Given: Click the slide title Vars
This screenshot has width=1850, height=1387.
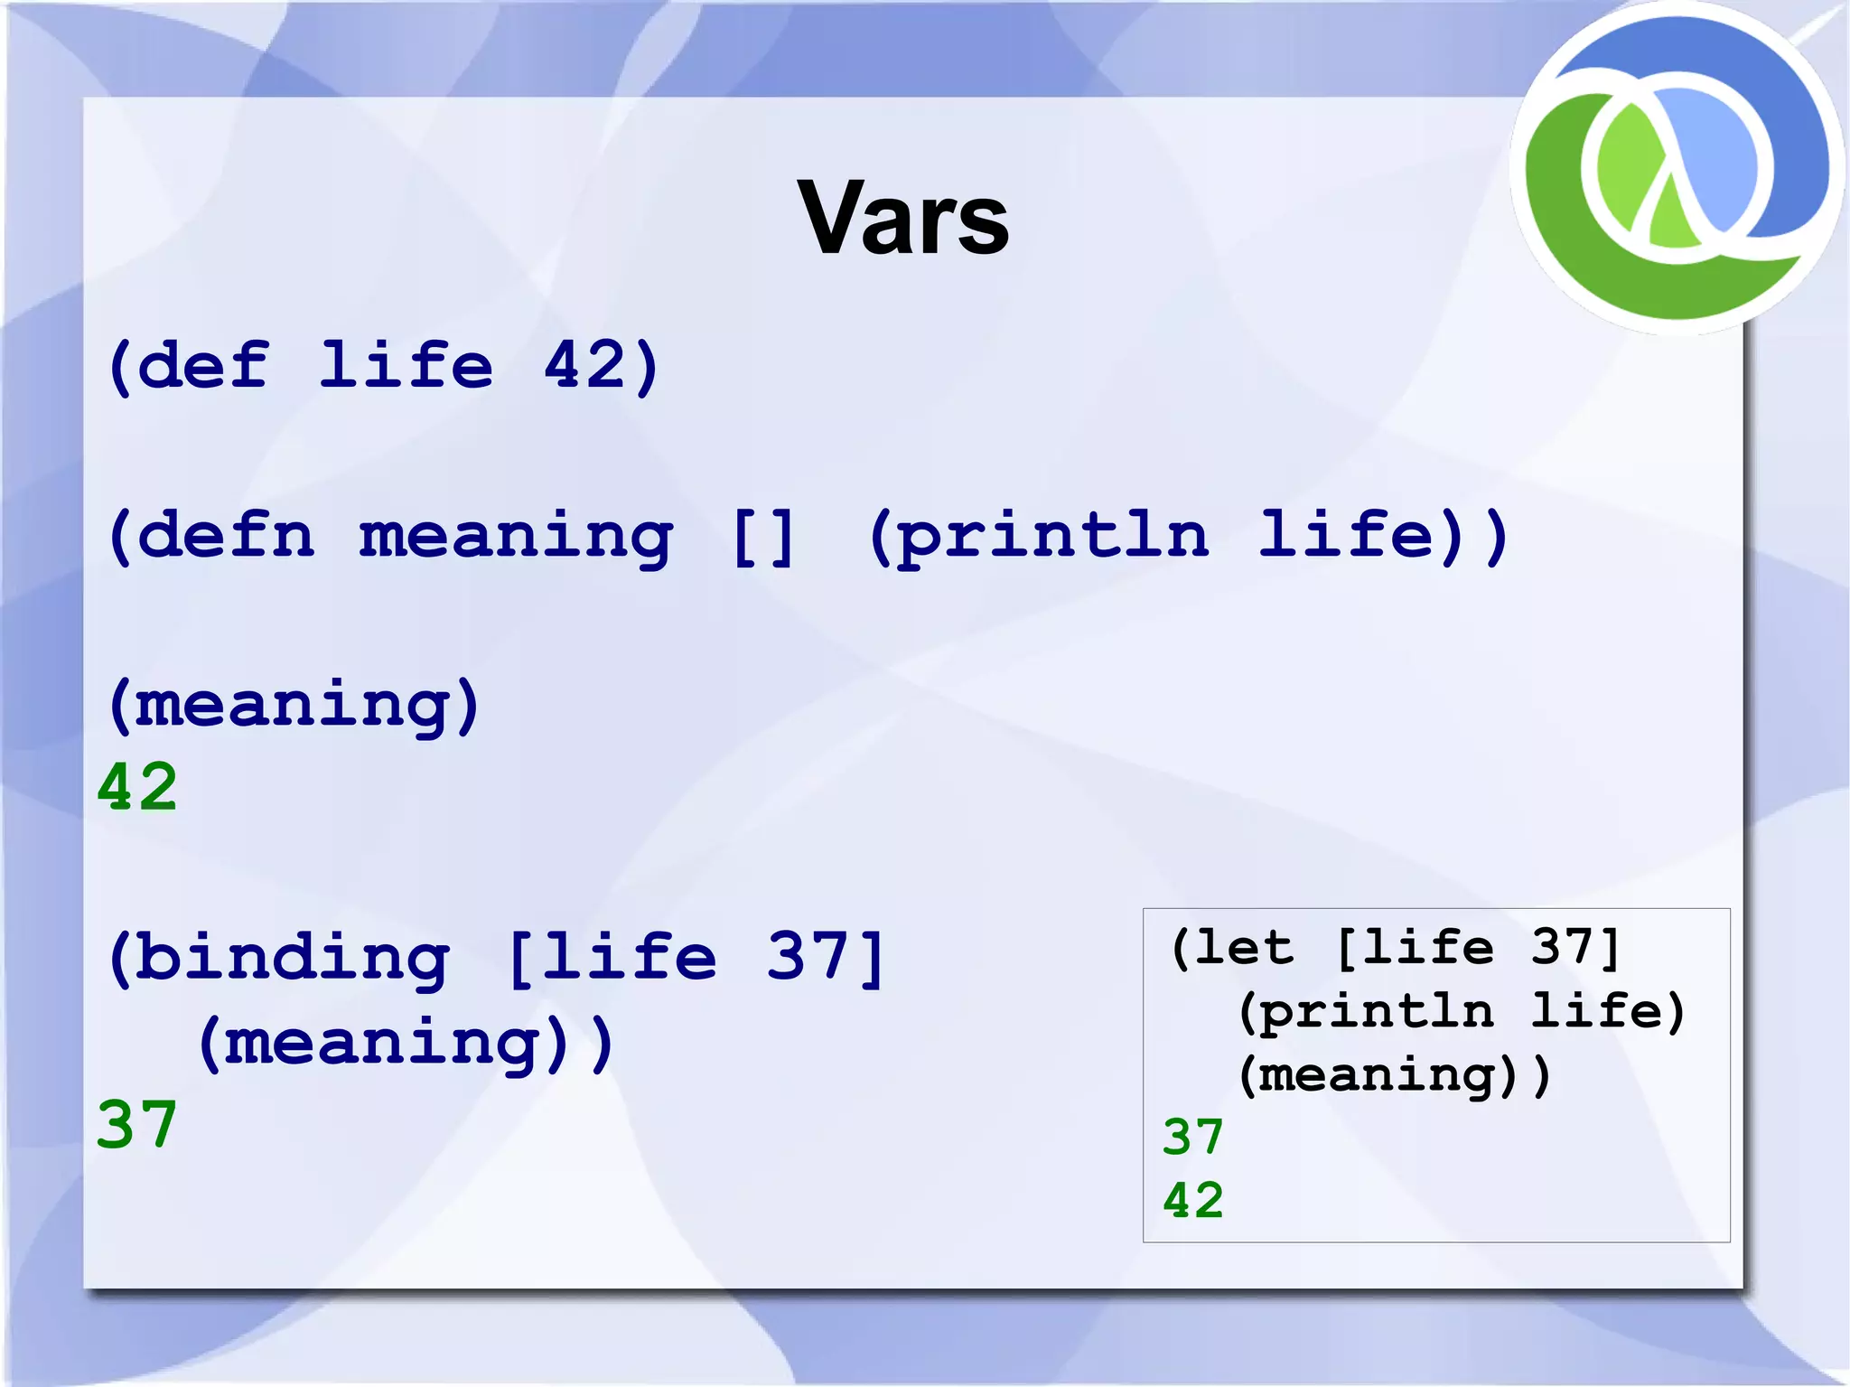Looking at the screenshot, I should (902, 219).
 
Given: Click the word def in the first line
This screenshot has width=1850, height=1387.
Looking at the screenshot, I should (202, 365).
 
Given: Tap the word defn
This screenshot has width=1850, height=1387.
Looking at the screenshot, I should (225, 535).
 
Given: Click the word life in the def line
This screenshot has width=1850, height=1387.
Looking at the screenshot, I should (406, 365).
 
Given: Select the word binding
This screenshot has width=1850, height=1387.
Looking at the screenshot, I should (293, 958).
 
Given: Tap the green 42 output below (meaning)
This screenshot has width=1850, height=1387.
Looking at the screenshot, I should (137, 787).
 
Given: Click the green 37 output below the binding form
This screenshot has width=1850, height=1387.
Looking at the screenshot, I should (137, 1125).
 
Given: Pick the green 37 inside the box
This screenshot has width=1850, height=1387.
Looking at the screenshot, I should (1192, 1137).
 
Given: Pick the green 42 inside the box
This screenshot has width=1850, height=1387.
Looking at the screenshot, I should (1192, 1200).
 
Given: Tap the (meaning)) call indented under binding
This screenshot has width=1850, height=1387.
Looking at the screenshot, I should (406, 1044).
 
